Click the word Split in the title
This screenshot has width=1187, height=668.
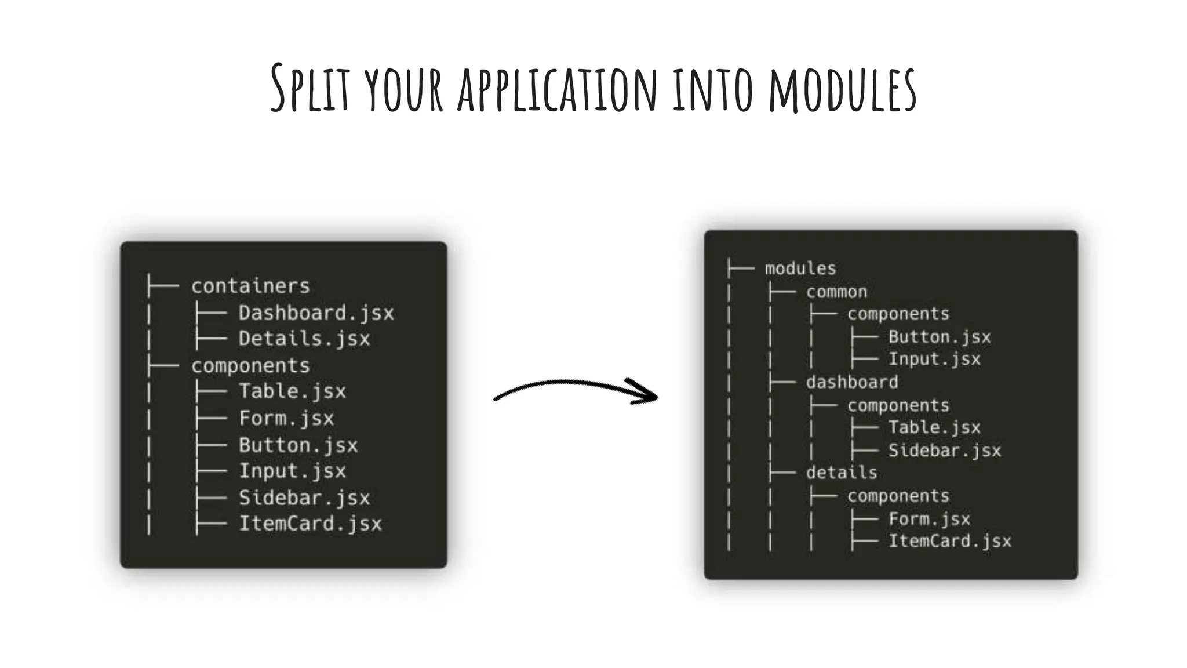[x=310, y=88]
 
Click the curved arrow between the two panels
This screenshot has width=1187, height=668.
[x=576, y=390]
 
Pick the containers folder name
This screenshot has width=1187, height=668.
[x=250, y=286]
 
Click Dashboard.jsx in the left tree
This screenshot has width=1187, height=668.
[x=316, y=313]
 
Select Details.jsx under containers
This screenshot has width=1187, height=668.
[x=304, y=339]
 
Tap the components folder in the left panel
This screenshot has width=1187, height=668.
[x=250, y=366]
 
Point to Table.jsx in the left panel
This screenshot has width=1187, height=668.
[x=292, y=391]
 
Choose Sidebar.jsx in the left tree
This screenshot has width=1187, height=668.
[x=304, y=498]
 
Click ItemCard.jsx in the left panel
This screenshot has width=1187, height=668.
[x=310, y=524]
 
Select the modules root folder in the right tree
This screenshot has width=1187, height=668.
[x=800, y=268]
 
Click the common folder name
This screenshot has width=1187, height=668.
[x=836, y=292]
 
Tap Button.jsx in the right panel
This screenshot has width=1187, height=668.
[x=940, y=337]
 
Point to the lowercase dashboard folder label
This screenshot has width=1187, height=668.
[x=852, y=382]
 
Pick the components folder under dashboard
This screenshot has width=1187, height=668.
[x=898, y=405]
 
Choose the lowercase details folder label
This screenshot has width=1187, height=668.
[x=842, y=473]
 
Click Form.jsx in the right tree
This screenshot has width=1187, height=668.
[x=929, y=519]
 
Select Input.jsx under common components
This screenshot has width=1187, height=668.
[x=934, y=359]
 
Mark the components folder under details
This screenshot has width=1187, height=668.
[x=898, y=496]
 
